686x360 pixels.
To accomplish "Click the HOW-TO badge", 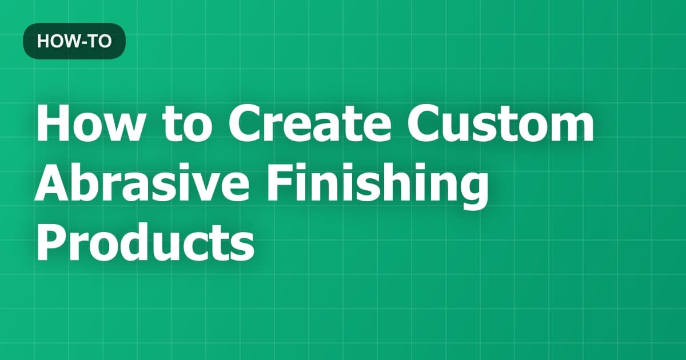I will coord(74,42).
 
